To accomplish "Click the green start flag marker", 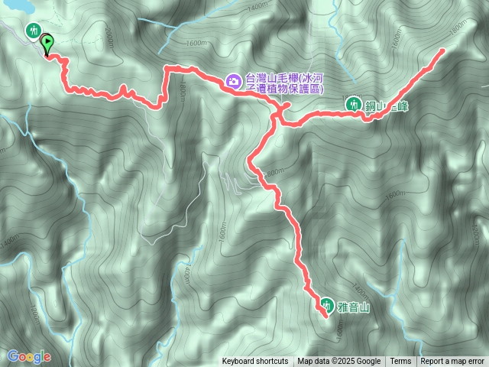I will point(47,44).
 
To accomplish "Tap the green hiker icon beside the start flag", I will point(33,31).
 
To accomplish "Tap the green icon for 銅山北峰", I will point(354,103).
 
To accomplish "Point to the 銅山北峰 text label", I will point(387,106).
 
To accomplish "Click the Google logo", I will point(29,356).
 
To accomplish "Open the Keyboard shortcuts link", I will point(255,362).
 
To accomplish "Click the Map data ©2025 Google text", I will point(339,362).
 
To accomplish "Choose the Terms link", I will point(400,362).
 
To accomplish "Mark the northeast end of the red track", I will point(443,50).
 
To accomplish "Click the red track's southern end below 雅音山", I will point(325,316).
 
